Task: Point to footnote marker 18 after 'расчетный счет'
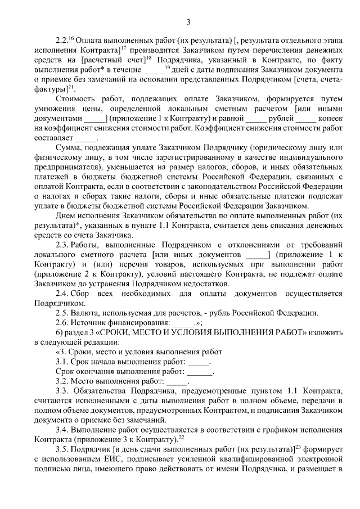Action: (153, 59)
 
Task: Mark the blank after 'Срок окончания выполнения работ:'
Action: (200, 372)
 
